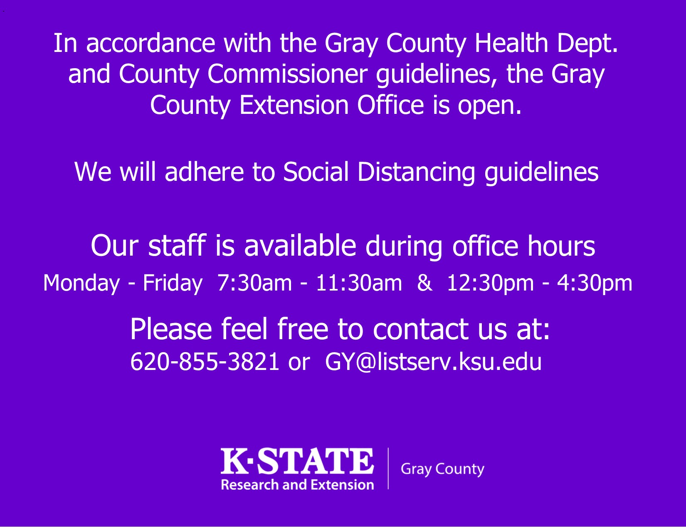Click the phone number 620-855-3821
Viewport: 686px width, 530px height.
click(x=205, y=362)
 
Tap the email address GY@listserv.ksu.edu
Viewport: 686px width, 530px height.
click(x=433, y=362)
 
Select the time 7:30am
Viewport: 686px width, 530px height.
click(x=254, y=283)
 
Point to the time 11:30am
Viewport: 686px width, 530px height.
click(x=359, y=283)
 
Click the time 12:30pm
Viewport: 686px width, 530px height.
click(x=490, y=283)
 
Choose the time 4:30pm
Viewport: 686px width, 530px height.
click(x=595, y=283)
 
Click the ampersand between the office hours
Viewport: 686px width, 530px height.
click(x=424, y=283)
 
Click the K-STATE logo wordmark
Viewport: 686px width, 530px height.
click(x=297, y=461)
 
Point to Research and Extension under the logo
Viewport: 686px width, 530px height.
click(x=297, y=485)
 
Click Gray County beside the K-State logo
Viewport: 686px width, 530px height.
click(x=442, y=469)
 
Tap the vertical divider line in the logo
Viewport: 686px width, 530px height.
click(x=388, y=468)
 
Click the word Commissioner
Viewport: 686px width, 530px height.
click(x=287, y=74)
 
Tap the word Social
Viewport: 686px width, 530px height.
click(x=316, y=172)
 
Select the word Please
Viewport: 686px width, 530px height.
click(x=171, y=329)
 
